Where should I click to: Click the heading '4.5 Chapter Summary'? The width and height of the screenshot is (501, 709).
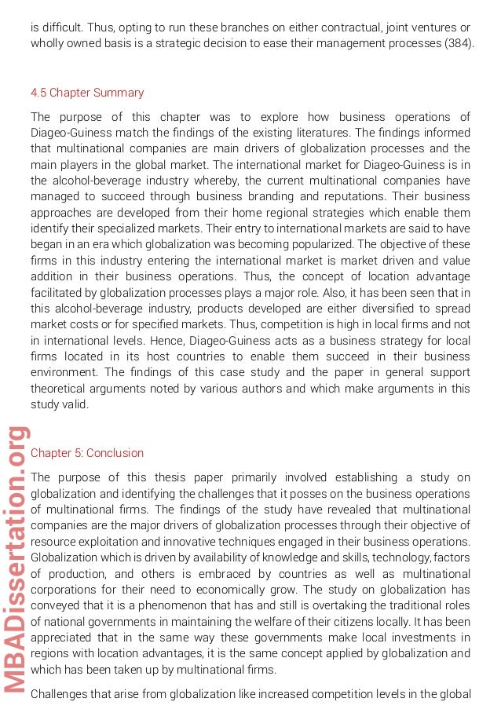click(x=87, y=93)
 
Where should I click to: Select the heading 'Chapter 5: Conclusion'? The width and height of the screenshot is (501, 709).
click(x=87, y=453)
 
